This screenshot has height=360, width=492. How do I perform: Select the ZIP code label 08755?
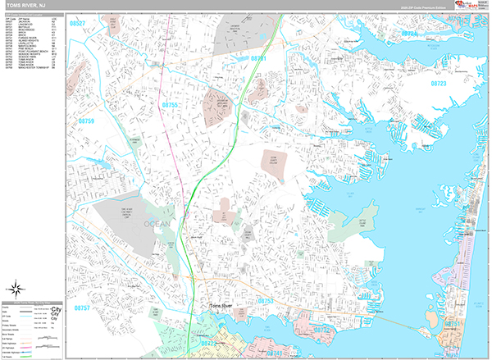click(x=170, y=106)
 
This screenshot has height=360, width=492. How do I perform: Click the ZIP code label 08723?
click(x=443, y=83)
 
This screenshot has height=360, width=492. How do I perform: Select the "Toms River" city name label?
click(x=222, y=305)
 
